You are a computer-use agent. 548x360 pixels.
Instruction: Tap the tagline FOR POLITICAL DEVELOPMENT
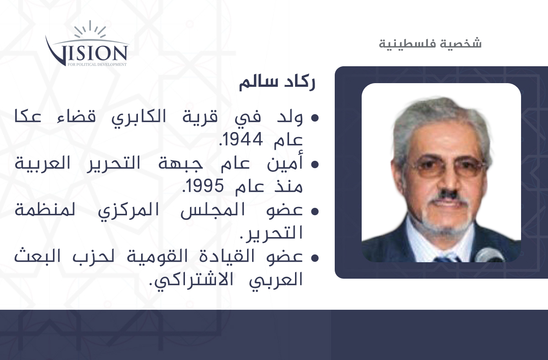tap(97, 64)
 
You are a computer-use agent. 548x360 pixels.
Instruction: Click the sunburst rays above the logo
tap(90, 29)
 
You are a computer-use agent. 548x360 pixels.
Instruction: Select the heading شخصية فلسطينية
tap(430, 44)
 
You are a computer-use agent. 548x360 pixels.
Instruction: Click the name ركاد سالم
tap(277, 83)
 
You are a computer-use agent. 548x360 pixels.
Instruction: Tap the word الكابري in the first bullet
tap(139, 117)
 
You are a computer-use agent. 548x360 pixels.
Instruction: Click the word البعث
tap(37, 256)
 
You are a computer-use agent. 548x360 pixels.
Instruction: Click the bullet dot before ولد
tap(315, 118)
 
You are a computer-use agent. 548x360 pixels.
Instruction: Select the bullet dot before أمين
tap(315, 164)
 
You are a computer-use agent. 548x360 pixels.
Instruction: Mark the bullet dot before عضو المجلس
tap(315, 211)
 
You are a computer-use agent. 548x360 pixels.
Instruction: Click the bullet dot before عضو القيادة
tap(315, 258)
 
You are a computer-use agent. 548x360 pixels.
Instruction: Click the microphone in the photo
tap(489, 255)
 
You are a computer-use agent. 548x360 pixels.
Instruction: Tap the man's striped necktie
tap(447, 259)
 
